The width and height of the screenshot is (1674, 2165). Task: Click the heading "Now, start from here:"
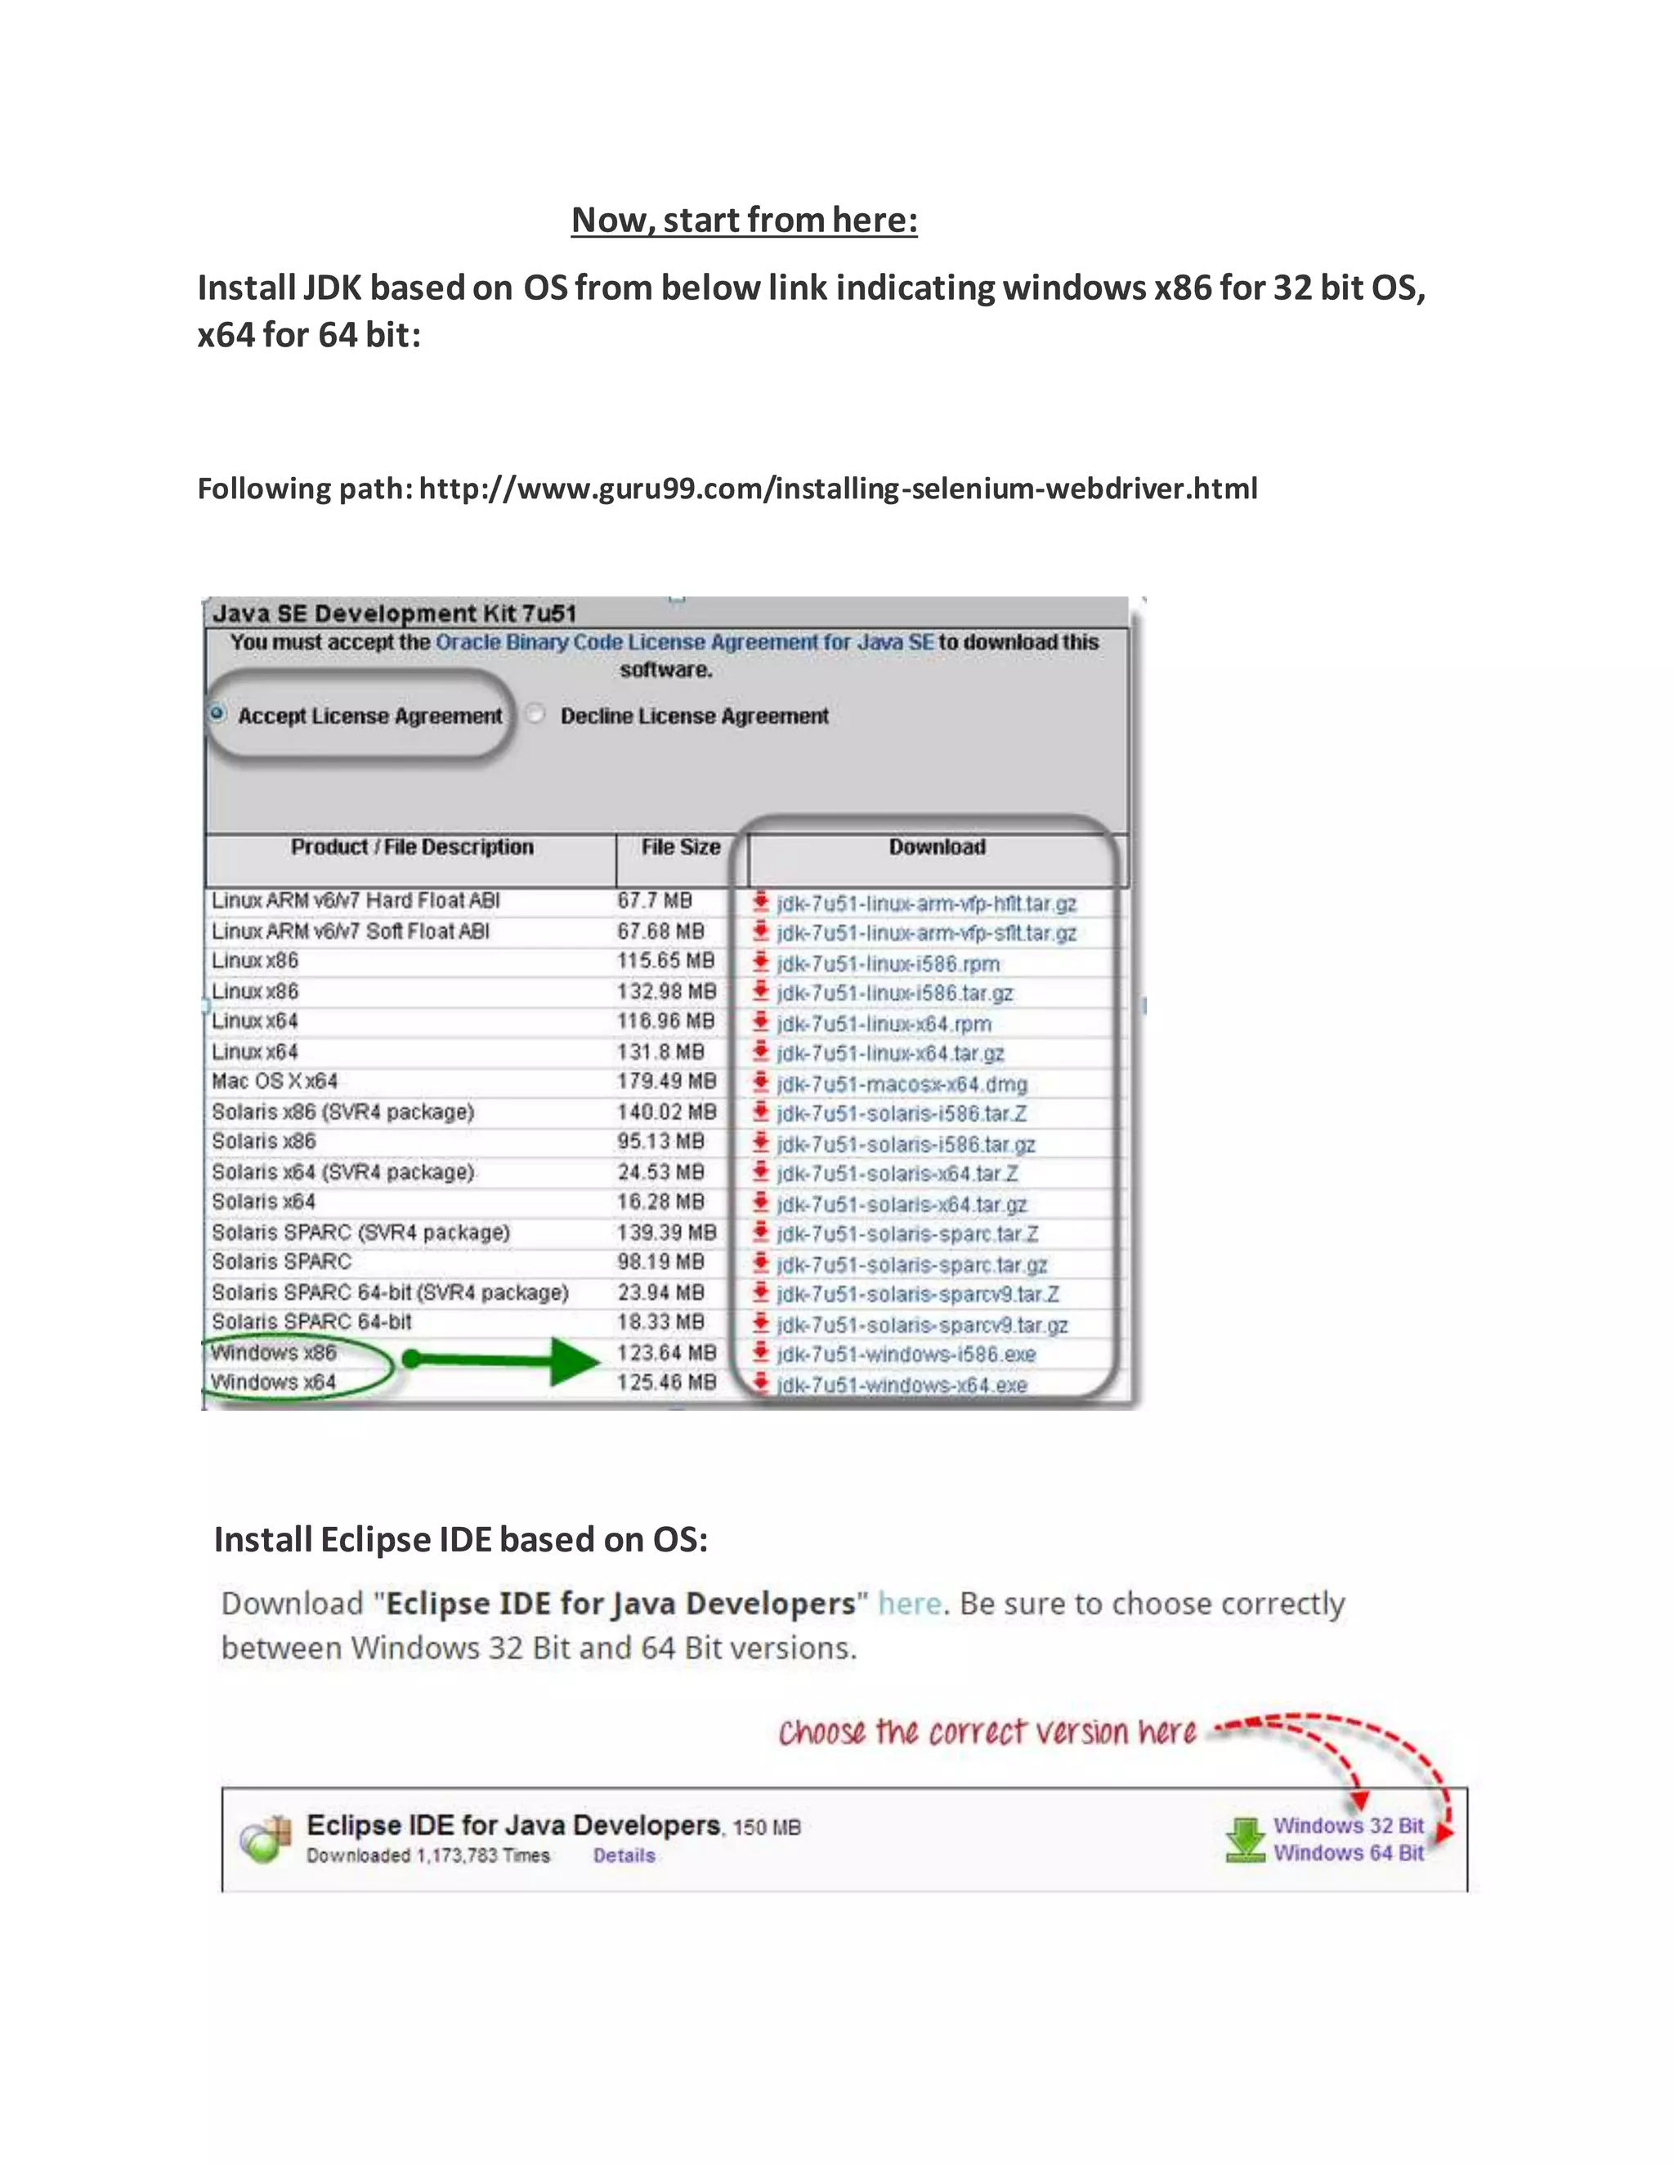(x=744, y=220)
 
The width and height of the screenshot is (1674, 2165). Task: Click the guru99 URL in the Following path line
(x=838, y=489)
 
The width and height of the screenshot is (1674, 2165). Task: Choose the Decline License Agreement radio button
(x=535, y=714)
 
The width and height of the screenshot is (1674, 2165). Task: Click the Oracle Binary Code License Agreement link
(x=684, y=642)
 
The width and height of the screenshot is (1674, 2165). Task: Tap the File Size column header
(x=680, y=847)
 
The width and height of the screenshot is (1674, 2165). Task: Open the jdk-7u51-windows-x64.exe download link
(x=902, y=1385)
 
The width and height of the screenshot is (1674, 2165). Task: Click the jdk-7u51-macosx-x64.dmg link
(x=902, y=1083)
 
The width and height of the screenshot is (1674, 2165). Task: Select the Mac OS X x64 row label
(x=275, y=1082)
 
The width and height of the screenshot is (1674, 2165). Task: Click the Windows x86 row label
(x=274, y=1353)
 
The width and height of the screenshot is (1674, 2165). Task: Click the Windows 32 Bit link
(x=1348, y=1826)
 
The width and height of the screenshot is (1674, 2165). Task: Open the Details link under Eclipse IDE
(x=624, y=1855)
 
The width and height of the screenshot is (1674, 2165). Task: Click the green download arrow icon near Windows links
(x=1245, y=1840)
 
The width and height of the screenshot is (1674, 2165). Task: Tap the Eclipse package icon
(x=266, y=1840)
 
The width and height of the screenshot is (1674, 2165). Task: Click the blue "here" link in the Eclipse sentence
(x=908, y=1604)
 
